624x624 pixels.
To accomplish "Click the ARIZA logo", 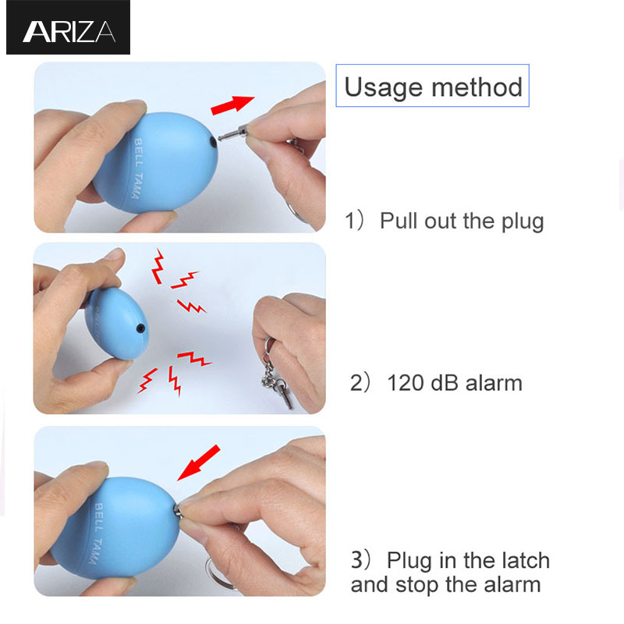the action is (x=68, y=28).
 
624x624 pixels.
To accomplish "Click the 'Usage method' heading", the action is (x=433, y=87).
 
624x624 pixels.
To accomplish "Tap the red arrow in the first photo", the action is (x=232, y=105).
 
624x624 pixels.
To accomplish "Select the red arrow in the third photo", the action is (x=199, y=463).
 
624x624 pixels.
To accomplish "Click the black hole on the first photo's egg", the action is (x=213, y=142).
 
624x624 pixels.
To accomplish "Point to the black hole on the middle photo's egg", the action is (x=140, y=328).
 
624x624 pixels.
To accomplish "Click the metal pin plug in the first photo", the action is (x=233, y=133).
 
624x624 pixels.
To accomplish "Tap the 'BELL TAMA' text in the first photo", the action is (x=136, y=168).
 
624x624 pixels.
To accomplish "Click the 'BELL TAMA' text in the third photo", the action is (x=96, y=534).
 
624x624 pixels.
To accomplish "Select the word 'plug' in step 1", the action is (x=523, y=222).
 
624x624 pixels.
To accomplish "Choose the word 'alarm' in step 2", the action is (x=494, y=383).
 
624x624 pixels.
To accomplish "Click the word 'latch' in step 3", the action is (x=526, y=560).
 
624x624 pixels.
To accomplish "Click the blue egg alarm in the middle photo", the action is (x=116, y=324).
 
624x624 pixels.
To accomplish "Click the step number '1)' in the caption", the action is (x=354, y=221).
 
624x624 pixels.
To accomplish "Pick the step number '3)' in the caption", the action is (x=360, y=560).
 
